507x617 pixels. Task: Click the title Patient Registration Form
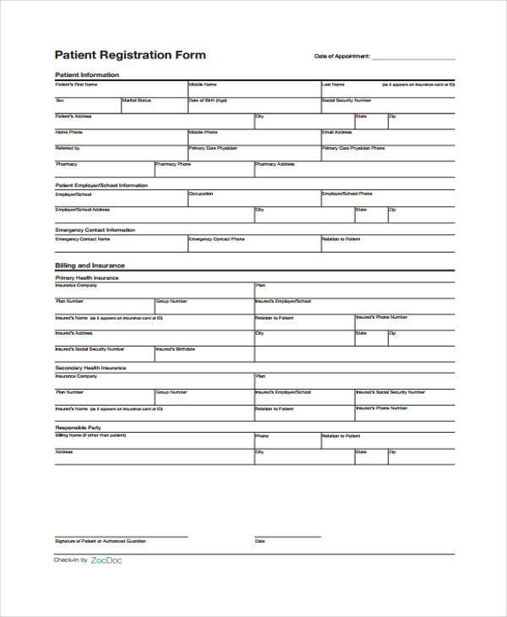[x=130, y=55]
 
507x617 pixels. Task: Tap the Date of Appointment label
[x=342, y=57]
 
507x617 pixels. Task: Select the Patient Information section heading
[x=87, y=75]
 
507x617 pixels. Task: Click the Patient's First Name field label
[x=76, y=85]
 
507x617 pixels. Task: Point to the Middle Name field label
[x=203, y=85]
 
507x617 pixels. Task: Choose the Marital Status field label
[x=137, y=101]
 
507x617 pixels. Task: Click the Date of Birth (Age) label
[x=208, y=101]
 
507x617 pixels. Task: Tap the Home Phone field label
[x=69, y=133]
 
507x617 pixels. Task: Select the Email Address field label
[x=337, y=133]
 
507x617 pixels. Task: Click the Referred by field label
[x=68, y=149]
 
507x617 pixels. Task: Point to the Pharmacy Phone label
[x=172, y=164]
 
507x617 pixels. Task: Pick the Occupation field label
[x=201, y=194]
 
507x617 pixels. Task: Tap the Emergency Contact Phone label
[x=216, y=239]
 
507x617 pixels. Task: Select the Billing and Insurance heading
[x=90, y=265]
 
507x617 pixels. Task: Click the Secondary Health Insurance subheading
[x=90, y=368]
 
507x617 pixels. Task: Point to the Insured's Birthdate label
[x=176, y=348]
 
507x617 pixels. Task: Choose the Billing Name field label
[x=90, y=435]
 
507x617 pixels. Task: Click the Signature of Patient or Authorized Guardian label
[x=101, y=541]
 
